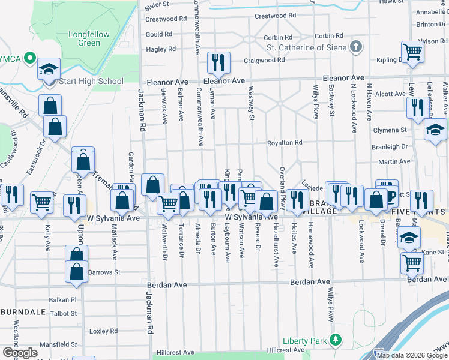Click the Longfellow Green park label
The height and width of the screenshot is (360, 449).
pos(89,38)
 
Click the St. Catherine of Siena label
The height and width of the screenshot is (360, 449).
pos(307,47)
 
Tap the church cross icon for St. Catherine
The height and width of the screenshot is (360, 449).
pos(357,47)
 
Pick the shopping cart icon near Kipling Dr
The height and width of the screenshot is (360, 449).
pos(412,52)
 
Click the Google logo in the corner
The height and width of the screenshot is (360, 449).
pos(20,352)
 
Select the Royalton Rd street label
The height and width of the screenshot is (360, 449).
pos(285,143)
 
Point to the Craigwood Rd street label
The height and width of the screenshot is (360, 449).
pos(264,61)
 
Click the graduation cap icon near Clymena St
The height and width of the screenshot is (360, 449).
pos(435,130)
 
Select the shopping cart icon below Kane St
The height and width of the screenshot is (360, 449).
pos(411,262)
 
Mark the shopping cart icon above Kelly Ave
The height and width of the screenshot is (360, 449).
pos(41,203)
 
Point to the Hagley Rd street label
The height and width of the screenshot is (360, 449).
pos(160,49)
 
